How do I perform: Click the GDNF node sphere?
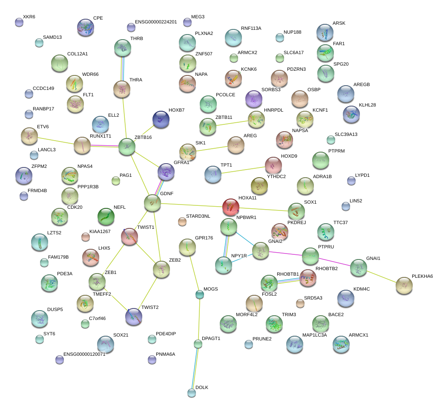[x=152, y=203]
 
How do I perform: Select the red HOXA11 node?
[x=230, y=207]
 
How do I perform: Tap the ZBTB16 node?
[x=126, y=147]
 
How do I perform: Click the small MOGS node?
[x=199, y=294]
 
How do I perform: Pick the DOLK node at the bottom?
[x=192, y=393]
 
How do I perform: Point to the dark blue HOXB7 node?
[x=161, y=119]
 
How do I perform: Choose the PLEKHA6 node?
[x=403, y=285]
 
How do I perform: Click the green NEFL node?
[x=106, y=216]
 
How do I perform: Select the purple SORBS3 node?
[x=254, y=99]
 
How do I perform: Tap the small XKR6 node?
[x=19, y=22]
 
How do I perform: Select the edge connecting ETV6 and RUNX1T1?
[x=55, y=141]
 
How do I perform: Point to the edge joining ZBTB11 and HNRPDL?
[x=232, y=123]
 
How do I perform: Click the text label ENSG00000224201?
[x=155, y=22]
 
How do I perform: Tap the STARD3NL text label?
[x=198, y=216]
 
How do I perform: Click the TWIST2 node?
[x=133, y=317]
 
